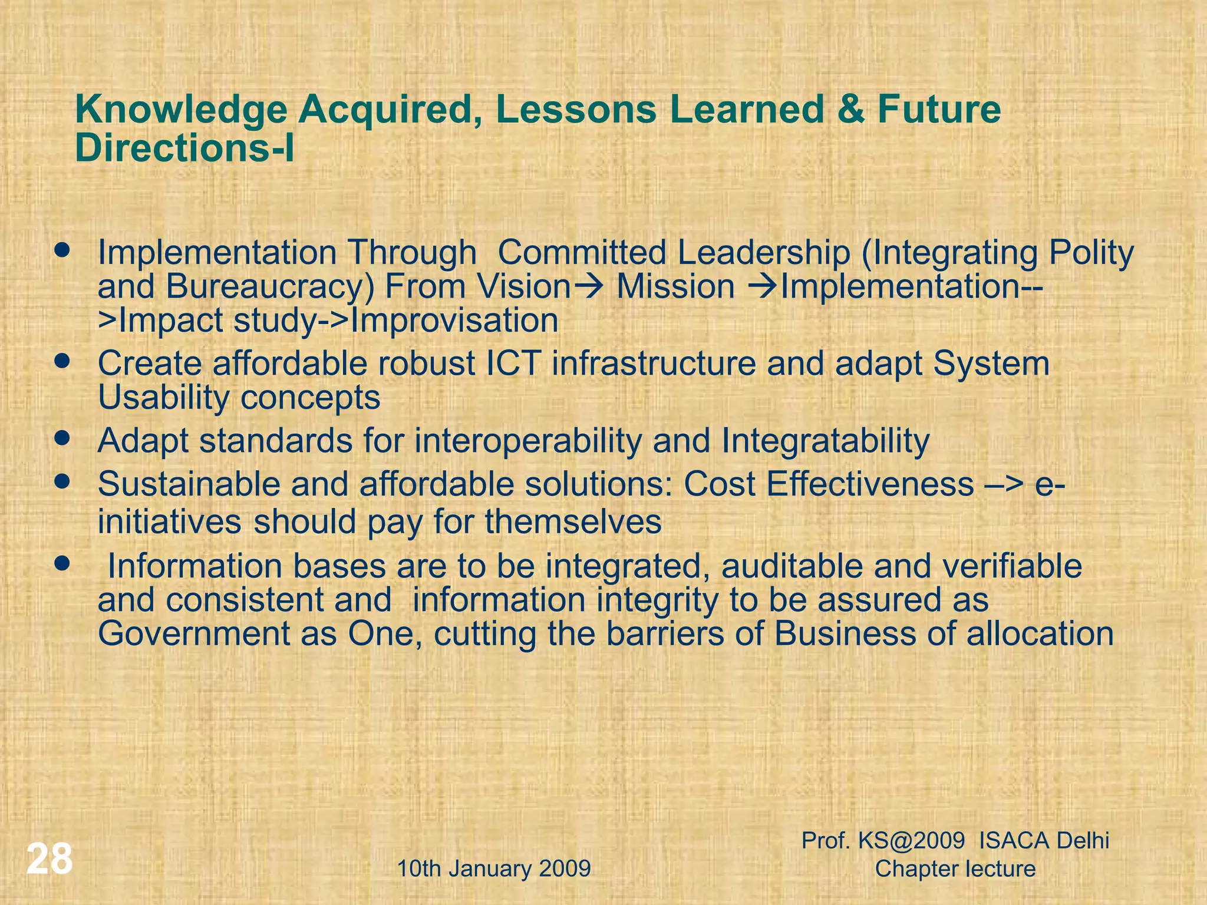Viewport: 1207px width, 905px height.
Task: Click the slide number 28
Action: point(50,859)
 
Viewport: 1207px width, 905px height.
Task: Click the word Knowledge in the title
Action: point(181,110)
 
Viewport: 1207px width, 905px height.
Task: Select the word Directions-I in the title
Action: point(184,148)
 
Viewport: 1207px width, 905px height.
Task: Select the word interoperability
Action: point(527,441)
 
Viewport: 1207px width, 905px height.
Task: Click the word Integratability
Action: point(825,441)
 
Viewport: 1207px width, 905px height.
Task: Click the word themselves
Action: point(573,522)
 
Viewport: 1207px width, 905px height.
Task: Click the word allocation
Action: point(1040,634)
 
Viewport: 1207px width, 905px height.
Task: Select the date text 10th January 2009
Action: point(494,868)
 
